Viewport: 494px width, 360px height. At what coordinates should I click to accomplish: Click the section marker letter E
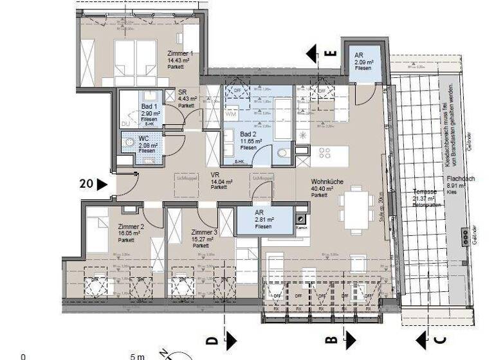coord(331,54)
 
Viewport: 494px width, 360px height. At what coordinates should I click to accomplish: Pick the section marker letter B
coord(331,339)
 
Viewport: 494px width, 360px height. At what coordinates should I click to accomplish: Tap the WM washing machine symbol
coord(230,114)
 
